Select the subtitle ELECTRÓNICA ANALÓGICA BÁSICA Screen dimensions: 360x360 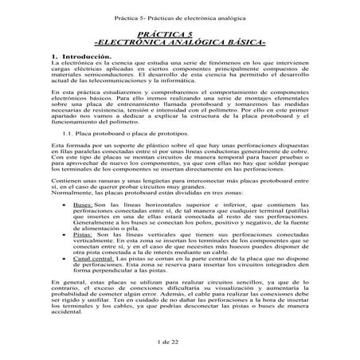point(180,41)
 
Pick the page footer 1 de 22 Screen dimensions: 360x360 point(180,341)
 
